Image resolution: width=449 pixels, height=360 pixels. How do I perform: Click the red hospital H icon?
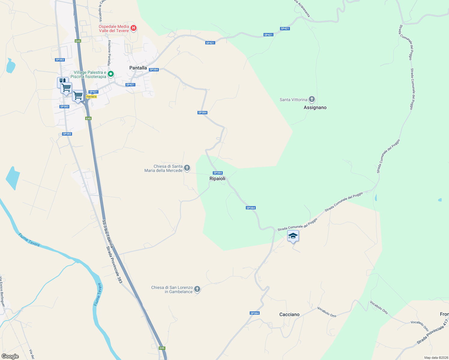tap(134, 28)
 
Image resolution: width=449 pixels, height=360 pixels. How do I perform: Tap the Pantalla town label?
tap(138, 68)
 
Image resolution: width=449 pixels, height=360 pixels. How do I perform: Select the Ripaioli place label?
tap(217, 178)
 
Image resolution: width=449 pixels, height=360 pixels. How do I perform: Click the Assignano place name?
tap(315, 107)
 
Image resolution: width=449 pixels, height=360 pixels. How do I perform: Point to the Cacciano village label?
tap(289, 314)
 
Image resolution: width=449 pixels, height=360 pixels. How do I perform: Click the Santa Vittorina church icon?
tap(312, 99)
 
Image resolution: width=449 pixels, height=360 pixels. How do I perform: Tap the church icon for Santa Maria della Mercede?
tap(187, 168)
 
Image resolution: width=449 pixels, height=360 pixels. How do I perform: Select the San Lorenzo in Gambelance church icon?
tap(197, 289)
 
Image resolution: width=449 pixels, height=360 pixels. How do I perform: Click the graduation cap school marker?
tap(293, 236)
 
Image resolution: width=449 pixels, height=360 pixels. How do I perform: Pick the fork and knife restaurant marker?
tap(62, 82)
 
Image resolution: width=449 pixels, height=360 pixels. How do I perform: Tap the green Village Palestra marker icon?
tap(111, 74)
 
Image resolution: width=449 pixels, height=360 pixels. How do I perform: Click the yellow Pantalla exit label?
tap(92, 97)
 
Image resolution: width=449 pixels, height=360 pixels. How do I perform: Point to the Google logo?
tap(10, 356)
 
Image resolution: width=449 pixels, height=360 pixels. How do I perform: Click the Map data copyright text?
tap(435, 358)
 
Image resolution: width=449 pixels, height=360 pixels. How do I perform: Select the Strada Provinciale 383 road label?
tap(115, 265)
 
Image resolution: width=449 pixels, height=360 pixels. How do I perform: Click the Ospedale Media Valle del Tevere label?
tap(114, 28)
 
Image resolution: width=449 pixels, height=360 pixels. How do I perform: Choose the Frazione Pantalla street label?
tap(109, 52)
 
